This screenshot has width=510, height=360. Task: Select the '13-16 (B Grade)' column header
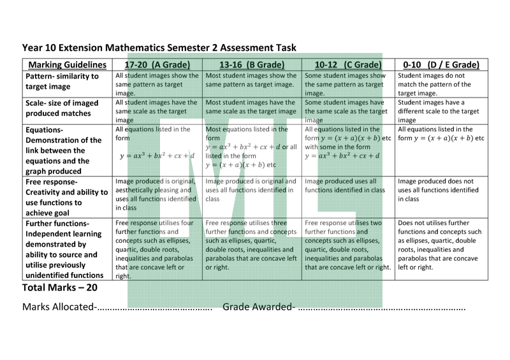tap(251, 64)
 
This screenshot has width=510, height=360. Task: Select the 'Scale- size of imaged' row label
tap(62, 103)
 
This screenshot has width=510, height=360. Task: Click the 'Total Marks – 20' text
tap(60, 287)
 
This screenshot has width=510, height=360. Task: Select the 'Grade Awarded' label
tap(258, 308)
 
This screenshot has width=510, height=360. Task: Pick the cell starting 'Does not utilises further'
tap(438, 245)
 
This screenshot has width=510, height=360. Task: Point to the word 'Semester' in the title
tap(221, 47)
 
